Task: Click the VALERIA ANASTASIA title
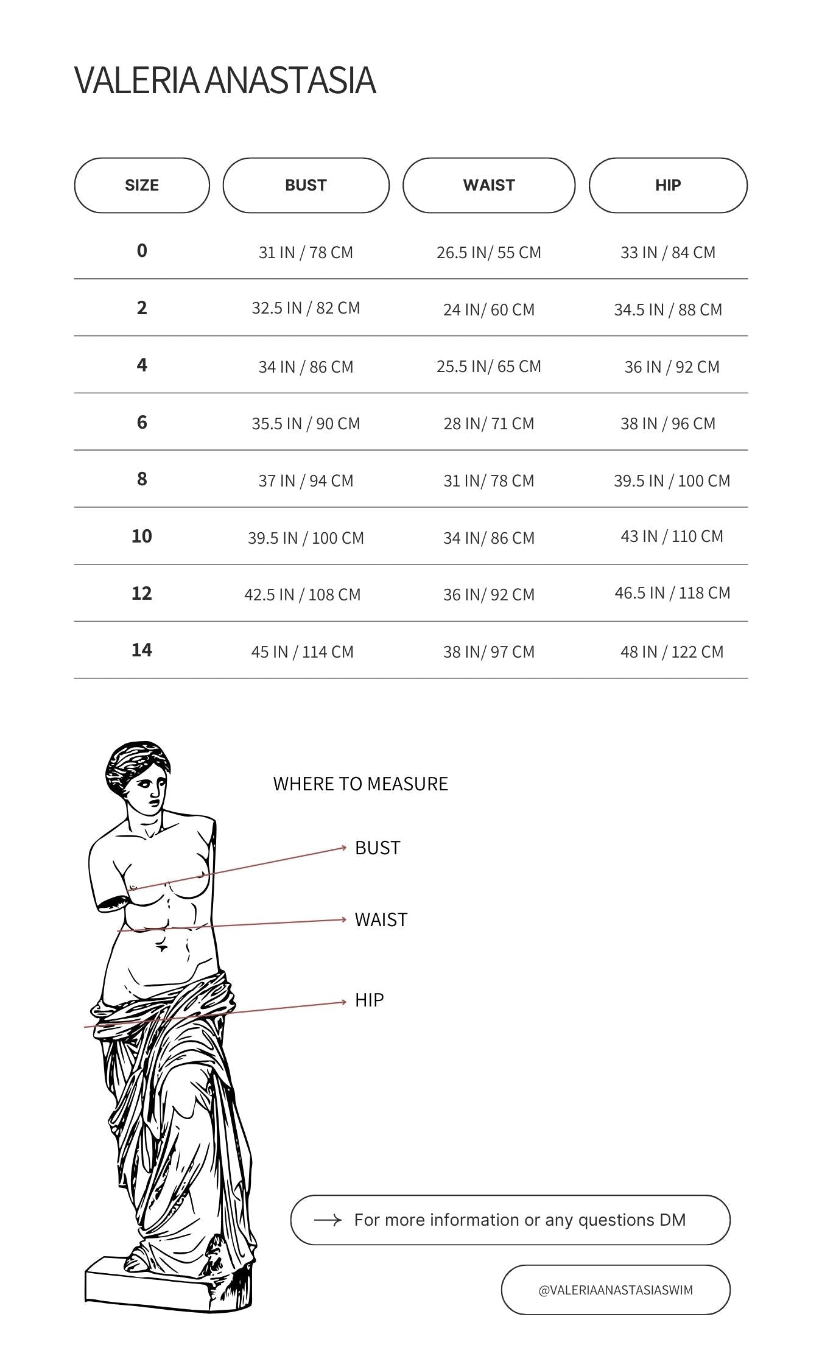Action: [x=225, y=80]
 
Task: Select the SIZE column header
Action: [x=142, y=185]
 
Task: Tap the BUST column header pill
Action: [x=306, y=185]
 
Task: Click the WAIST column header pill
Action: [x=489, y=185]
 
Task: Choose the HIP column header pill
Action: [x=668, y=185]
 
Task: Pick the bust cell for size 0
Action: [x=306, y=252]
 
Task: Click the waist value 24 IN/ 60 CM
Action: [x=489, y=309]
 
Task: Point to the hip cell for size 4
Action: [x=672, y=367]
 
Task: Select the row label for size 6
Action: [x=142, y=422]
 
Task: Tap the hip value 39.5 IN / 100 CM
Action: [x=672, y=480]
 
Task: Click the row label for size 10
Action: [x=142, y=536]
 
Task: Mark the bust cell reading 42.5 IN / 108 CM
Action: [x=303, y=594]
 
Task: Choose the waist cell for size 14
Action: [x=489, y=652]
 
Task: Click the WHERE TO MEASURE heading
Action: [x=360, y=784]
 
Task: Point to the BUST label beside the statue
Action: [x=378, y=848]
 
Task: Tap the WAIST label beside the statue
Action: [x=381, y=919]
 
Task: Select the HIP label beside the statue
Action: [x=370, y=1000]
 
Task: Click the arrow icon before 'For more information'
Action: [x=328, y=1220]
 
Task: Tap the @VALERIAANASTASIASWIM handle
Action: [x=616, y=1290]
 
